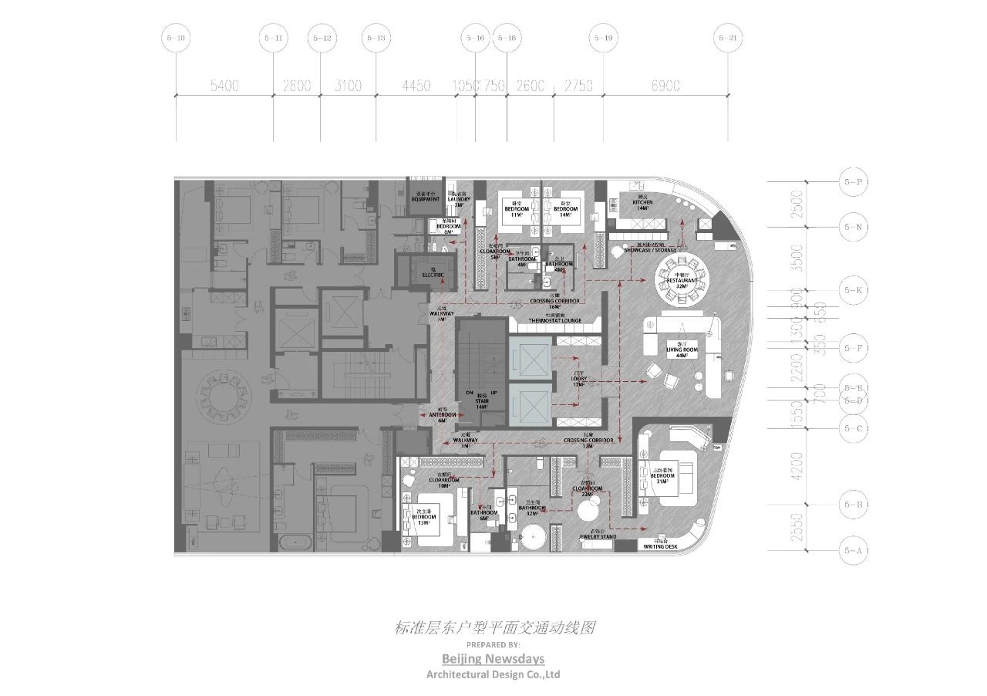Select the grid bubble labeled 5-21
(727, 38)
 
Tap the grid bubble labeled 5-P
(852, 183)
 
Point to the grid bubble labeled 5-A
(852, 550)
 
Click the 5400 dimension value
(224, 86)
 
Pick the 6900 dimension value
(665, 86)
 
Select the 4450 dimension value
(416, 86)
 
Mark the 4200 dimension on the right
(797, 465)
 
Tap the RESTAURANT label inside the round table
(681, 282)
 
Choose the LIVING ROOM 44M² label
(682, 351)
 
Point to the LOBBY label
(579, 380)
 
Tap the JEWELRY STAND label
(597, 536)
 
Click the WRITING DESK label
(660, 546)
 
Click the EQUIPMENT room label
(425, 199)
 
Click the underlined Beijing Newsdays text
(493, 658)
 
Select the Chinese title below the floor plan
(493, 628)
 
